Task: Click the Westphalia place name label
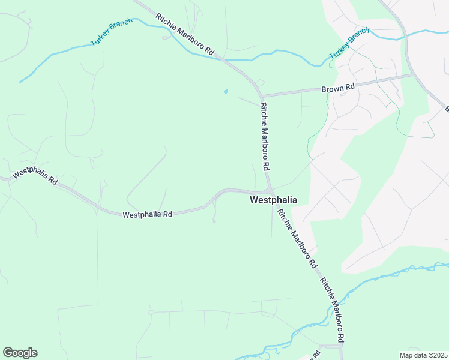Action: [x=273, y=200]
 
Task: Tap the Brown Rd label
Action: [x=339, y=88]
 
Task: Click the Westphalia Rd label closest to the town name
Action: [x=147, y=214]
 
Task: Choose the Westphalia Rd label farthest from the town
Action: [x=35, y=176]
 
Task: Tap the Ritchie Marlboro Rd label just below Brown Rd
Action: [x=264, y=135]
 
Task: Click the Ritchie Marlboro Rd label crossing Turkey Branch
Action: [x=185, y=35]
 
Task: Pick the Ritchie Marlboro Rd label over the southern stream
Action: [x=332, y=310]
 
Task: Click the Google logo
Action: [x=20, y=353]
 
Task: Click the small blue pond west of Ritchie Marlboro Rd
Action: [x=226, y=92]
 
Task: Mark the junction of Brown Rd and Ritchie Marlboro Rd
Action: [x=262, y=96]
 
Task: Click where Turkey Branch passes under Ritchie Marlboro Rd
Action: [x=223, y=59]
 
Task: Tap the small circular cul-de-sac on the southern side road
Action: [x=151, y=313]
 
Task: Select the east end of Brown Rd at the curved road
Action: [x=412, y=76]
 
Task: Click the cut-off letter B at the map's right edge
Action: [x=447, y=109]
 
